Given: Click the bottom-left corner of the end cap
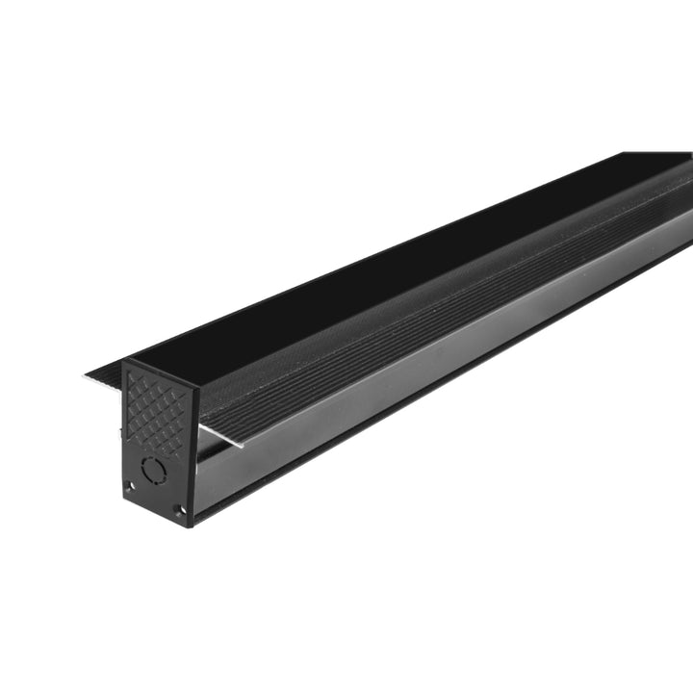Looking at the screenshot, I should pos(124,496).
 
